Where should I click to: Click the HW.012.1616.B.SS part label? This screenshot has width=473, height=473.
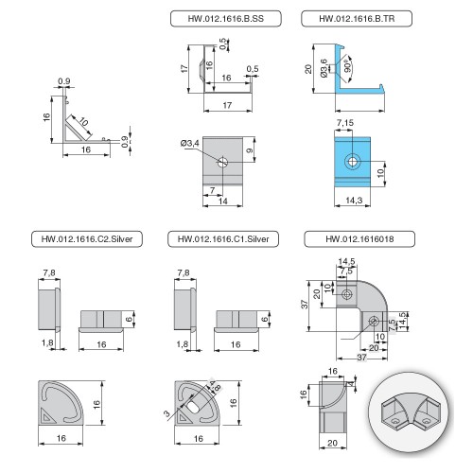[225, 19]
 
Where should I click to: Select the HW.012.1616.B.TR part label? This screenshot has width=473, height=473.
[357, 19]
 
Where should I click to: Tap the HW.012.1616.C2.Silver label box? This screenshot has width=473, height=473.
[87, 239]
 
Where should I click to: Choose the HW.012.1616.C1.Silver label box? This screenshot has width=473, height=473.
[223, 239]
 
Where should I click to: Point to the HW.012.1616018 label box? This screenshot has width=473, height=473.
[359, 239]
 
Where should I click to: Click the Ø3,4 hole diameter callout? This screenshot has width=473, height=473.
[190, 144]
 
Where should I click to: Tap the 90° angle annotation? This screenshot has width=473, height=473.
[347, 65]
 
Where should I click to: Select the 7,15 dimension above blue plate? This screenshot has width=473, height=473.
[345, 123]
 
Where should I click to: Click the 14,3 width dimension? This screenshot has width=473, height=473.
[354, 201]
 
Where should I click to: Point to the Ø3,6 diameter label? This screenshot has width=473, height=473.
[324, 68]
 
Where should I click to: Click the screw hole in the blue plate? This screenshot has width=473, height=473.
[352, 162]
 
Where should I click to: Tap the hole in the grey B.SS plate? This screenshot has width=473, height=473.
[222, 163]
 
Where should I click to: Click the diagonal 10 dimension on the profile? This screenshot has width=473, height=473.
[83, 121]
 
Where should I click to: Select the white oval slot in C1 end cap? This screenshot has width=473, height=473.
[193, 407]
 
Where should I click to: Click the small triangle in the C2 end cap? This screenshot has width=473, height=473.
[47, 416]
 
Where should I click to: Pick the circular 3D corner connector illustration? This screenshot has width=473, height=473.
[411, 411]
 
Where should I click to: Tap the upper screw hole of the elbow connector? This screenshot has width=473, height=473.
[347, 294]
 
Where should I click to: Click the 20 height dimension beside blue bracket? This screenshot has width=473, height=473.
[308, 69]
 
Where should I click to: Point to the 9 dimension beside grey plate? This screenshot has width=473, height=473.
[250, 150]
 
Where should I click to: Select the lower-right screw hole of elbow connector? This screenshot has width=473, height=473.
[374, 322]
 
